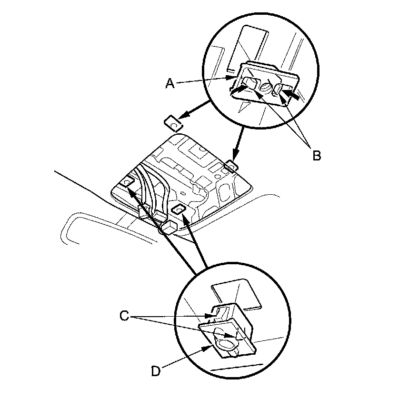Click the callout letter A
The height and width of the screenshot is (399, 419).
(170, 83)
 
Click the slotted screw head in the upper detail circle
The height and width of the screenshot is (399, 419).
(266, 88)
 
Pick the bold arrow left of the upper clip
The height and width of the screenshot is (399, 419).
(237, 88)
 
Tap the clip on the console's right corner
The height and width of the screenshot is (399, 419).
(231, 165)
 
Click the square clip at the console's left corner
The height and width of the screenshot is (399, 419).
(128, 183)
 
